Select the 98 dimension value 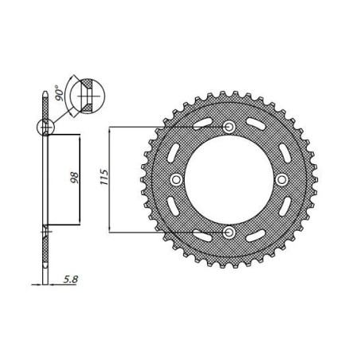coord(72,177)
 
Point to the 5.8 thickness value coord(69,278)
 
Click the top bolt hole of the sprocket coord(229,127)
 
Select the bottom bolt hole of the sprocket coord(229,231)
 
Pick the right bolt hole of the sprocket coord(281,179)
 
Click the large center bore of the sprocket coord(229,179)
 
